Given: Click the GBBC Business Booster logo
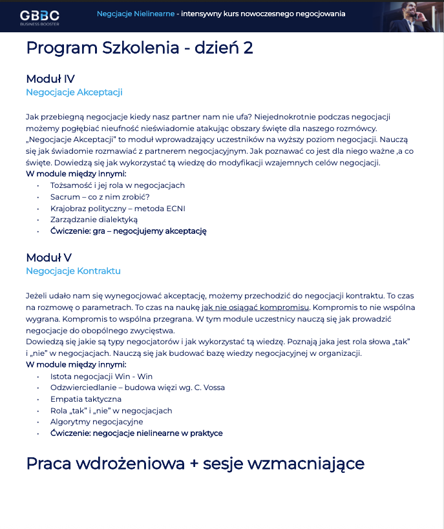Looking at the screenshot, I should pyautogui.click(x=39, y=16).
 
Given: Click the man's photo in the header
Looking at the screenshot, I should pyautogui.click(x=414, y=16).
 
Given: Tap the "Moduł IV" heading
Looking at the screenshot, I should pyautogui.click(x=50, y=79).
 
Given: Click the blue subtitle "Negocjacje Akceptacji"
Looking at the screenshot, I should pyautogui.click(x=74, y=92).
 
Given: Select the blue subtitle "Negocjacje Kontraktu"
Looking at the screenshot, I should pyautogui.click(x=73, y=271).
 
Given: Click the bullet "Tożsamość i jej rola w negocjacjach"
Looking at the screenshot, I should pyautogui.click(x=118, y=185).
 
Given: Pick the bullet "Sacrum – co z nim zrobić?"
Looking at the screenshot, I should pyautogui.click(x=100, y=197).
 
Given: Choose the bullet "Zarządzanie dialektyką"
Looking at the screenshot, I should pyautogui.click(x=94, y=220).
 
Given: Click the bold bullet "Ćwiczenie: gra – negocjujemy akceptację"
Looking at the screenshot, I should pyautogui.click(x=128, y=231).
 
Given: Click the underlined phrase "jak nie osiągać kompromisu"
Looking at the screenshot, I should pyautogui.click(x=255, y=307).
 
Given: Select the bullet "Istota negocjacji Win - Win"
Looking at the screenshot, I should pyautogui.click(x=101, y=377).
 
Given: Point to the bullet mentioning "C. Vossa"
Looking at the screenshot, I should pyautogui.click(x=138, y=388).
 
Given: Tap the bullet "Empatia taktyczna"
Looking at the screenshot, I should pyautogui.click(x=86, y=399).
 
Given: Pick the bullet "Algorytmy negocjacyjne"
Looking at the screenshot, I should pyautogui.click(x=96, y=422).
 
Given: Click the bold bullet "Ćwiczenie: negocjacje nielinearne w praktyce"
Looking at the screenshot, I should pyautogui.click(x=136, y=433).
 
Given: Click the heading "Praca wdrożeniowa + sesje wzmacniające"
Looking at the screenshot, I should pyautogui.click(x=195, y=464).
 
